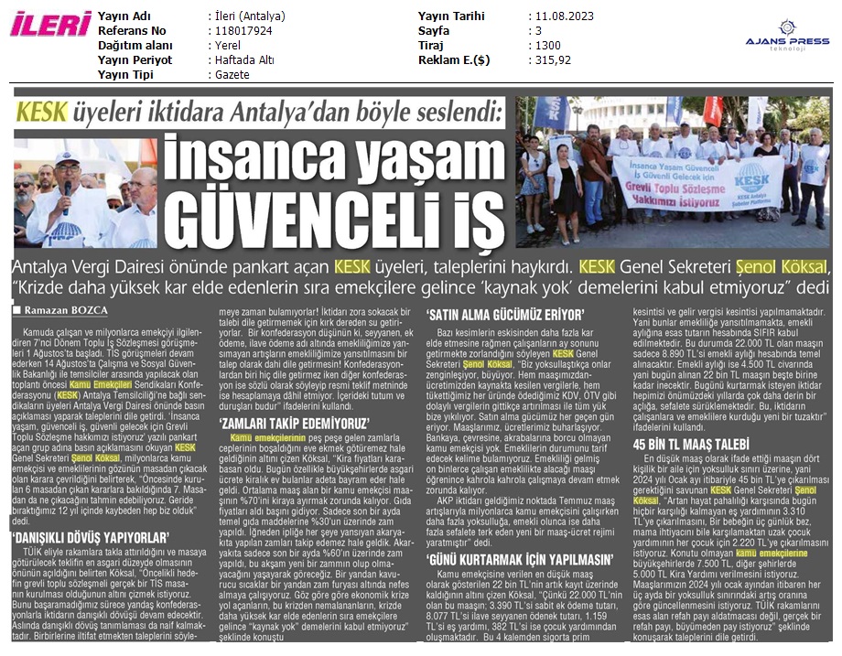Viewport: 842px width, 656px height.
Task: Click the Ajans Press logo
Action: tap(788, 41)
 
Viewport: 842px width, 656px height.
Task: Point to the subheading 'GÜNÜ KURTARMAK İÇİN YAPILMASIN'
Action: tap(507, 559)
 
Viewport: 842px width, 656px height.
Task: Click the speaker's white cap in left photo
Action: tap(67, 157)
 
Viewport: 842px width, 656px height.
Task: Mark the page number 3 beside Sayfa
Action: tap(538, 31)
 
